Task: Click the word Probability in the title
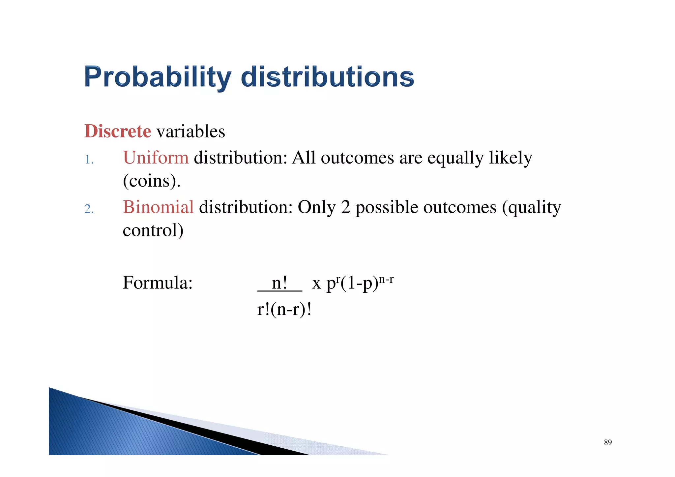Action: point(158,77)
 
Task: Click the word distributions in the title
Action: point(327,77)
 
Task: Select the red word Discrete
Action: point(118,131)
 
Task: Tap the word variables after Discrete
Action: point(191,132)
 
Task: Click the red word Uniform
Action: point(156,158)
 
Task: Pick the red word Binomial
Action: point(158,207)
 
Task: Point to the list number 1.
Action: point(89,160)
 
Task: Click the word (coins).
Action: point(152,181)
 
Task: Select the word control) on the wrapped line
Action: point(153,230)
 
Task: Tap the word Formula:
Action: point(158,283)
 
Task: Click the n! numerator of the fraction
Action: point(279,283)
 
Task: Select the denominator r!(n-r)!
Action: point(284,309)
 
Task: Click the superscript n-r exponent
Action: point(386,280)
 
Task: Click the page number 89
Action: point(608,442)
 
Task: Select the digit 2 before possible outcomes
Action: point(345,207)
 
